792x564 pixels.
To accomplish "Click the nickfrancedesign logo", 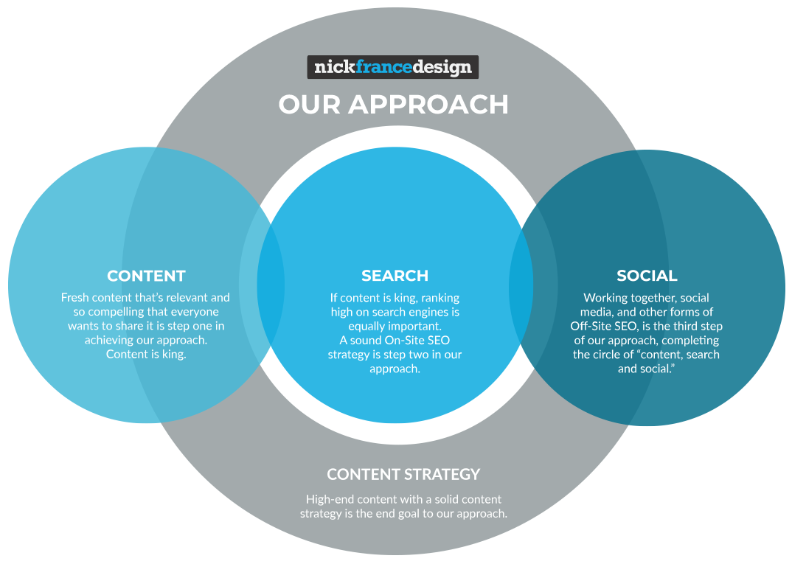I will [x=392, y=68].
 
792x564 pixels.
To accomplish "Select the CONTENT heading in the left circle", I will [x=146, y=276].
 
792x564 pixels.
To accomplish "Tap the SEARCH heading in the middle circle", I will [x=395, y=276].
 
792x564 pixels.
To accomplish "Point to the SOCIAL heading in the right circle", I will [x=647, y=276].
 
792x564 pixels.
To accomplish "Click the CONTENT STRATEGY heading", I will [x=403, y=474].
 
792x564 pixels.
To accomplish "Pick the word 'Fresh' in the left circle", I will [x=75, y=298].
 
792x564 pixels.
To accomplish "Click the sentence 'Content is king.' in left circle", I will [x=146, y=354].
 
